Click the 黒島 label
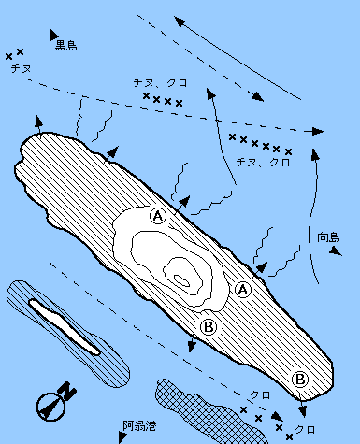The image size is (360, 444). (65, 46)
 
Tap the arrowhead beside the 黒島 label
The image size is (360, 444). (53, 34)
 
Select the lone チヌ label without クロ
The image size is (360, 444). (22, 68)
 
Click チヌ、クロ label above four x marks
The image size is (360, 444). (161, 83)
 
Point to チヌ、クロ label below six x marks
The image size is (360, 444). (264, 163)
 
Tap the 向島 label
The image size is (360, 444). (328, 237)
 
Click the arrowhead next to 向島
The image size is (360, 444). (336, 251)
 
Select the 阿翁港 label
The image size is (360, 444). (139, 425)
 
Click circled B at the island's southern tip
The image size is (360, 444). (300, 380)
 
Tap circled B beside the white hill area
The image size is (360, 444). (209, 327)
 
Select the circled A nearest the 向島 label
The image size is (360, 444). (243, 290)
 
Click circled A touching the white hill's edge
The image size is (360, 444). (158, 216)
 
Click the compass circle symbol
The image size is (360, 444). (50, 407)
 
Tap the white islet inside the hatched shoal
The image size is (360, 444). (65, 327)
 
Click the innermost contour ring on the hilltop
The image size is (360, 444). (181, 280)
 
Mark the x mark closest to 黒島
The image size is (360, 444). (20, 51)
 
